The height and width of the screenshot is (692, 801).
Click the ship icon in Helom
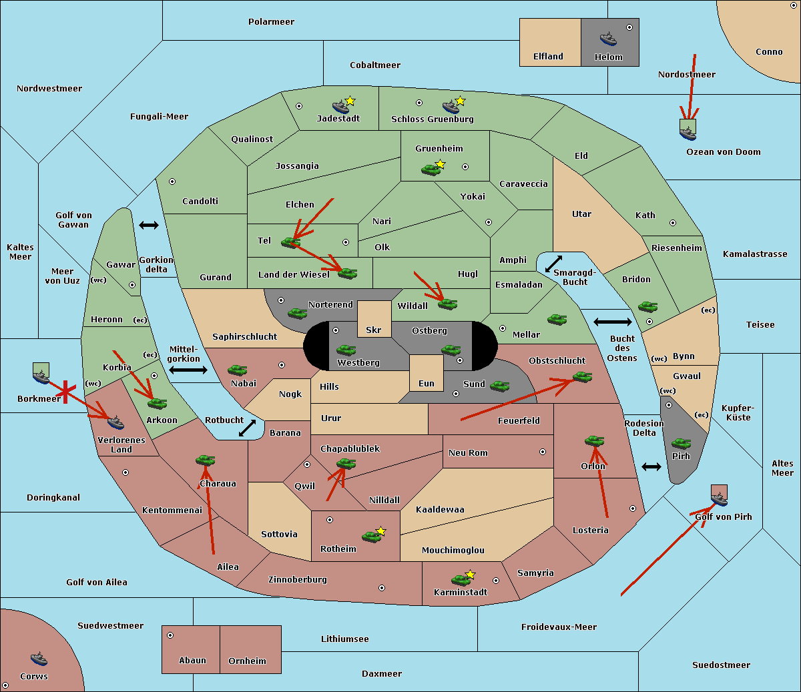click(x=607, y=39)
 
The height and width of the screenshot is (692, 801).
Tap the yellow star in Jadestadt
click(x=350, y=101)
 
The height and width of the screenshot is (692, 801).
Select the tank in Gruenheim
click(x=431, y=169)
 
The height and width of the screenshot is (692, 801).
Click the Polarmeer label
click(x=271, y=22)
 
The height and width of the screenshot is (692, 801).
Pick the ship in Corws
click(x=39, y=659)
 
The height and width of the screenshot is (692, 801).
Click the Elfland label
click(x=548, y=57)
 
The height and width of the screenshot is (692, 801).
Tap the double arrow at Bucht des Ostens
click(x=612, y=322)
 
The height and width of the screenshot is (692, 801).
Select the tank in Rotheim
click(x=371, y=536)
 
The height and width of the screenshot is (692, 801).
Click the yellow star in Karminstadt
click(x=470, y=575)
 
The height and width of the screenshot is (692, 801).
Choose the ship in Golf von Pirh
click(x=719, y=498)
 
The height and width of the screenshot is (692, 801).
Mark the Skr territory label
click(x=374, y=330)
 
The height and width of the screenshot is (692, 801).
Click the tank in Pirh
click(x=681, y=444)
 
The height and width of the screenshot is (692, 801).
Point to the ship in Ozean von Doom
click(x=688, y=132)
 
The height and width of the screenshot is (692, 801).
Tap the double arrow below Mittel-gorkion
click(x=188, y=370)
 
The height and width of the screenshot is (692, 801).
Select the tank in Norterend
click(x=297, y=313)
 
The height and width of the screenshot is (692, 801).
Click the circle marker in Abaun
click(x=170, y=635)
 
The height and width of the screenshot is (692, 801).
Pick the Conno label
click(x=769, y=52)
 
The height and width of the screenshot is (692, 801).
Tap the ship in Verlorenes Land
click(x=115, y=422)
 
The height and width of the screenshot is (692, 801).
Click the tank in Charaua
click(x=205, y=460)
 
